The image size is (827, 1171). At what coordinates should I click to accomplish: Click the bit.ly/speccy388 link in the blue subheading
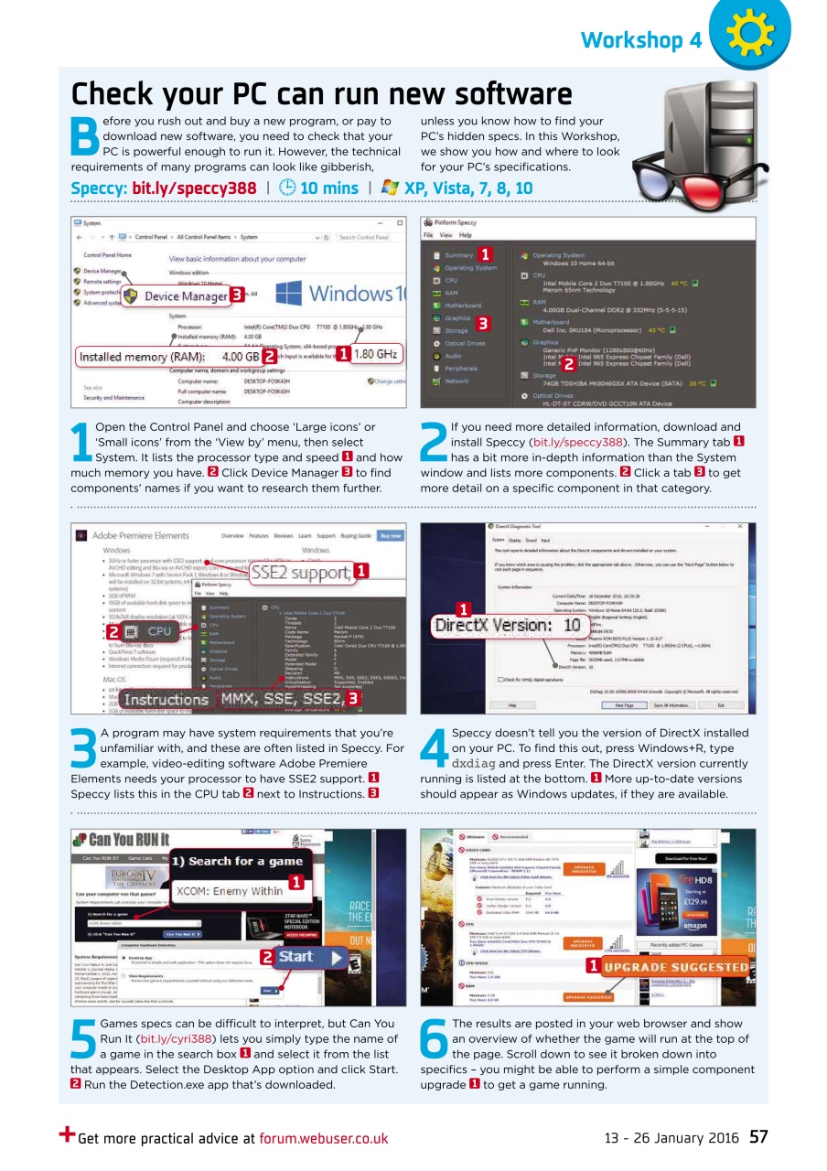194,188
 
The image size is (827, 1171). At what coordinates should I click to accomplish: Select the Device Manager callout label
184,295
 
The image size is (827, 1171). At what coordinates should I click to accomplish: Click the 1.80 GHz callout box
374,354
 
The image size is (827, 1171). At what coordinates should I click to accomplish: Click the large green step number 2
434,446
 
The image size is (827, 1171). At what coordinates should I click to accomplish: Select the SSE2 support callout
301,574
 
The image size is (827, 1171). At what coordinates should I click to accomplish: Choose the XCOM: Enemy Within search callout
228,890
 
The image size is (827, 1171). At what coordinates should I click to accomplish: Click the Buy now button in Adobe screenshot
391,535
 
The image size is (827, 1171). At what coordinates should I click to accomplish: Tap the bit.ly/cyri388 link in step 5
174,1039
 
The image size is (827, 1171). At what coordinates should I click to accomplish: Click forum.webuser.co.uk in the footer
323,1139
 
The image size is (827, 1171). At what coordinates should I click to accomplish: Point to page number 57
758,1138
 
